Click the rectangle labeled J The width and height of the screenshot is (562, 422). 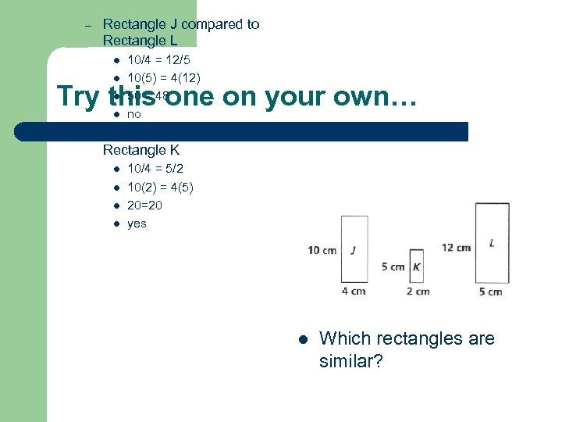click(354, 249)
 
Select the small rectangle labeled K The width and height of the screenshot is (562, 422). click(416, 267)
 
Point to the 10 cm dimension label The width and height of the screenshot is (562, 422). click(322, 250)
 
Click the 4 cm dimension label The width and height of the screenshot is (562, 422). click(354, 291)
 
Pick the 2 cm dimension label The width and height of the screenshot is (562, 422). click(418, 291)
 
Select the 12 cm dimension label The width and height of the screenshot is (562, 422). click(456, 248)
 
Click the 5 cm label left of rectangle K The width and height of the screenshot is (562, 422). click(393, 267)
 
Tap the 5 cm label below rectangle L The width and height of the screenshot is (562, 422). click(489, 292)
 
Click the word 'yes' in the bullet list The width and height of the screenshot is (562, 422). click(137, 224)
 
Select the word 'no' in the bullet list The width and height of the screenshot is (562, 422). click(133, 114)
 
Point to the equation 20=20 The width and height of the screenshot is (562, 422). click(144, 206)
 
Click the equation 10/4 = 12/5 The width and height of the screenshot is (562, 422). click(159, 59)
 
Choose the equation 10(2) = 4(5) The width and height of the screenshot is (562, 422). click(161, 188)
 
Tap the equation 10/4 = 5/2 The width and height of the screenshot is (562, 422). click(156, 169)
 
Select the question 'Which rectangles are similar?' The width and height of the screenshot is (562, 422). click(407, 350)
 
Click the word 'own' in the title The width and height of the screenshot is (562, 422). click(345, 96)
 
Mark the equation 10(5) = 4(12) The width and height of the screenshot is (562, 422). click(164, 77)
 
